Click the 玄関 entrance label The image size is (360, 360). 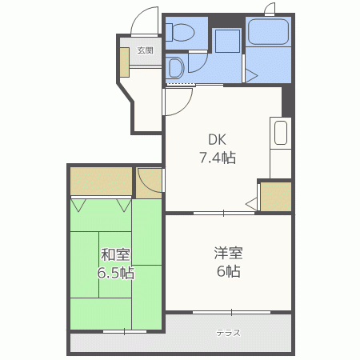144,50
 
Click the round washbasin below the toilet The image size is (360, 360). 175,66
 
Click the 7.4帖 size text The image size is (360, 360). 218,158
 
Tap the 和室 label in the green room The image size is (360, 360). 116,255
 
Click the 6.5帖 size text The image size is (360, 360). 116,273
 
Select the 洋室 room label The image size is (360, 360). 228,254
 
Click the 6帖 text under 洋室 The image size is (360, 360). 228,271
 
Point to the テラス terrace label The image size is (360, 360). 228,333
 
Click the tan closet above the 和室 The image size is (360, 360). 102,182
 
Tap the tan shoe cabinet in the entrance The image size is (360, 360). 125,62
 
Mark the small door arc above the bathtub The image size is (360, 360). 270,10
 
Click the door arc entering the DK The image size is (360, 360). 178,100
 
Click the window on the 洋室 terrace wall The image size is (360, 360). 230,310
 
